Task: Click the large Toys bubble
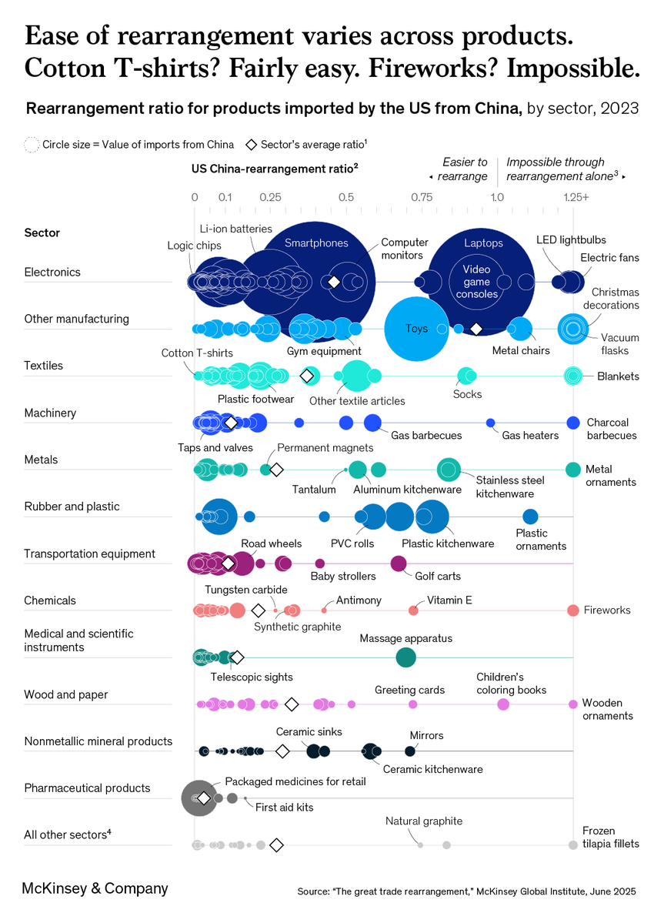point(417,329)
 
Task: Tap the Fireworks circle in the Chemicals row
point(572,610)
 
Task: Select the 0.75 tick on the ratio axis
point(421,198)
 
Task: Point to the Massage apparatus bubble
point(405,657)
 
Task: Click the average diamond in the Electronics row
point(334,282)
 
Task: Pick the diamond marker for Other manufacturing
point(476,329)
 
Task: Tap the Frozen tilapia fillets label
point(611,838)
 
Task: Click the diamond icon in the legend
point(251,144)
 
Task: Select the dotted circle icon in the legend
point(31,144)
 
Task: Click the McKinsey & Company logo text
point(95,888)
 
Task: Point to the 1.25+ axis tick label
point(574,198)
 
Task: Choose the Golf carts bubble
point(398,563)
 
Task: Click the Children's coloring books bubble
point(503,704)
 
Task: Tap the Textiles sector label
point(43,366)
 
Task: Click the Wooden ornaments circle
point(572,704)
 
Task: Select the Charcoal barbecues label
point(612,429)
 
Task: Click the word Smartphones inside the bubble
point(316,243)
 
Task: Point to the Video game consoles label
point(476,282)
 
